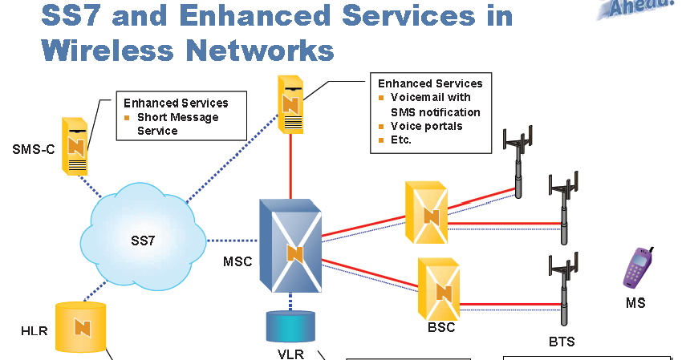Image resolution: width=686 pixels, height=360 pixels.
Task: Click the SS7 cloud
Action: tap(140, 238)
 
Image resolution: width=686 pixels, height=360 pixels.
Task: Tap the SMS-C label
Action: tap(34, 149)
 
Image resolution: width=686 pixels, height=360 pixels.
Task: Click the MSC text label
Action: tap(238, 261)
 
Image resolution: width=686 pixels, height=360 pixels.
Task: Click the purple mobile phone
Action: tap(637, 267)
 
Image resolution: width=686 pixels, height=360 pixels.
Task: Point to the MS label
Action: tap(635, 303)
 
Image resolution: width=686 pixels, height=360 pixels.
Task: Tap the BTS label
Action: tap(562, 342)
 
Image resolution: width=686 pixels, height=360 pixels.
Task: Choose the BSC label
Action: tap(442, 327)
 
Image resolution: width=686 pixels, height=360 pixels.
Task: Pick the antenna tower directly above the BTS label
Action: tap(562, 284)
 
